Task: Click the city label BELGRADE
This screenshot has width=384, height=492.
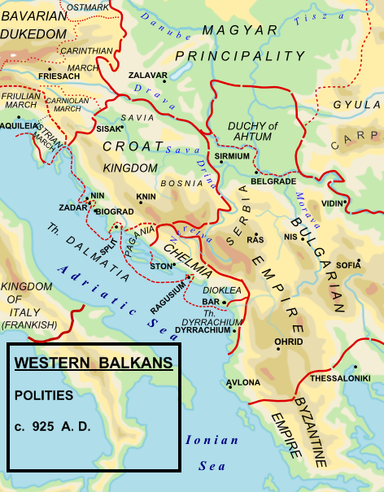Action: tap(273, 181)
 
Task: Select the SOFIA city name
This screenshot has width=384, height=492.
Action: tap(348, 265)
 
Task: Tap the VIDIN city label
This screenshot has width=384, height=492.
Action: tap(332, 202)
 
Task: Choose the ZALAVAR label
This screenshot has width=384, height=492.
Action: tap(146, 75)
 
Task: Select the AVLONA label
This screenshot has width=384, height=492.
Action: tap(243, 382)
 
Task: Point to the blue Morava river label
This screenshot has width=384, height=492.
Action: tap(310, 211)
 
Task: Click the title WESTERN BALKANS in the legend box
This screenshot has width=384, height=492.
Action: tap(94, 363)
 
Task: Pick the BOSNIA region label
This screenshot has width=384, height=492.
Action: tap(176, 184)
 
